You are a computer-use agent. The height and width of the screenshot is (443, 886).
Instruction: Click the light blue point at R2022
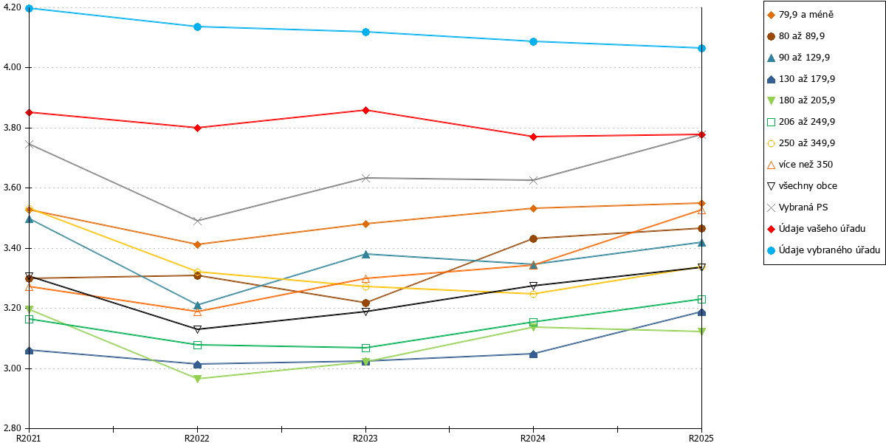[197, 27]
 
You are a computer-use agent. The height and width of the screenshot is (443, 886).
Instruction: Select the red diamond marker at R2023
[366, 110]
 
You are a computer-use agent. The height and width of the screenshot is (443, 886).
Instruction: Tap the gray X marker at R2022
[197, 221]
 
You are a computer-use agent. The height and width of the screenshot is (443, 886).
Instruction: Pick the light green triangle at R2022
[197, 379]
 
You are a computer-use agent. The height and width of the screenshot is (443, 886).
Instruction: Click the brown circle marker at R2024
[533, 239]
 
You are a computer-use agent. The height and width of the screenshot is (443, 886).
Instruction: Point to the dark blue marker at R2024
[533, 354]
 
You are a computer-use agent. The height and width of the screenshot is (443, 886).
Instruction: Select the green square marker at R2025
[701, 300]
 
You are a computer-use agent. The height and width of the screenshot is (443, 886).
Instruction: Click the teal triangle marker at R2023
[366, 254]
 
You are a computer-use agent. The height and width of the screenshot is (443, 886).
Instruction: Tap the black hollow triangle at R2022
[197, 329]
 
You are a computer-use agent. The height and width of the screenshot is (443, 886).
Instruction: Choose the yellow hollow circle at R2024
[533, 295]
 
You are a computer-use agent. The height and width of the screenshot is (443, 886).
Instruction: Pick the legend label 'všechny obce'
[808, 186]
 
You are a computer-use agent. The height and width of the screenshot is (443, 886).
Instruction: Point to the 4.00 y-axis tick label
[13, 68]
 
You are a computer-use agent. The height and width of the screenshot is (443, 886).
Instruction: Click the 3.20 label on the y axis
[13, 308]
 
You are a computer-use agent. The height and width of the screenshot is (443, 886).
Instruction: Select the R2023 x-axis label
[365, 439]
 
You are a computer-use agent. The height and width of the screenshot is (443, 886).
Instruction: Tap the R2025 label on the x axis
[701, 439]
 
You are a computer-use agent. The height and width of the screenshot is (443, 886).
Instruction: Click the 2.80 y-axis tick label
[13, 428]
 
